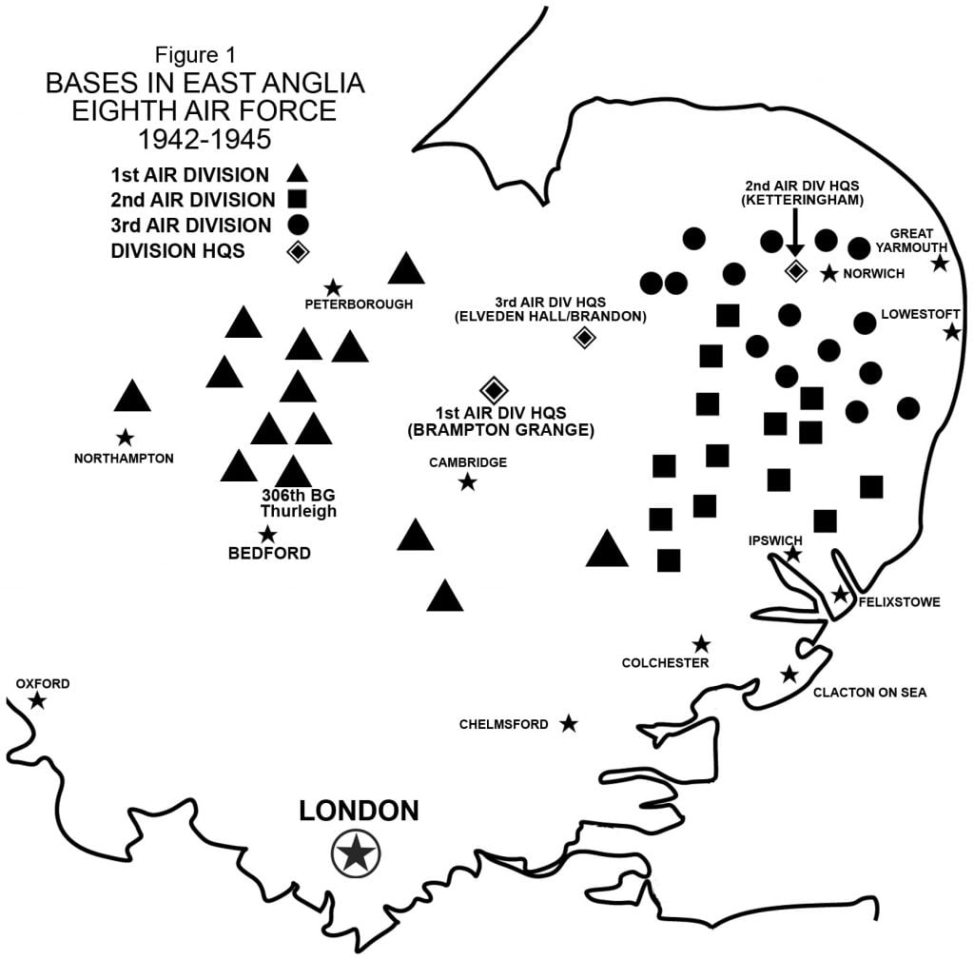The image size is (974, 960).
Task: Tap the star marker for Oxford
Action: (37, 701)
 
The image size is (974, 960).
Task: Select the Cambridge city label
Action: (468, 462)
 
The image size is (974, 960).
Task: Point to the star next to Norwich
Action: (829, 274)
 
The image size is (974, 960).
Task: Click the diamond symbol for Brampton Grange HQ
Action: (494, 389)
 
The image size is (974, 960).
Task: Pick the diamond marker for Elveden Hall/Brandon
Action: (584, 336)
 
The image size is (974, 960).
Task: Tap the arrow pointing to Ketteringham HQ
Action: (795, 234)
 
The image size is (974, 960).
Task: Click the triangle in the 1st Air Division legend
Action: (298, 174)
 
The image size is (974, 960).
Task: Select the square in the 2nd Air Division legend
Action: (296, 200)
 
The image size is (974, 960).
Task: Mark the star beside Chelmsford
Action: (569, 724)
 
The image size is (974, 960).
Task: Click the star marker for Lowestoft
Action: (951, 332)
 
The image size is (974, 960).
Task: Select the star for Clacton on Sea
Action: (789, 675)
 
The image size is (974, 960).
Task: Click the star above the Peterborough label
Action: (333, 287)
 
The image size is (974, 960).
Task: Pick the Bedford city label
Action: (269, 553)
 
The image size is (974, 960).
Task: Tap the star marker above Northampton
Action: (125, 439)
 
